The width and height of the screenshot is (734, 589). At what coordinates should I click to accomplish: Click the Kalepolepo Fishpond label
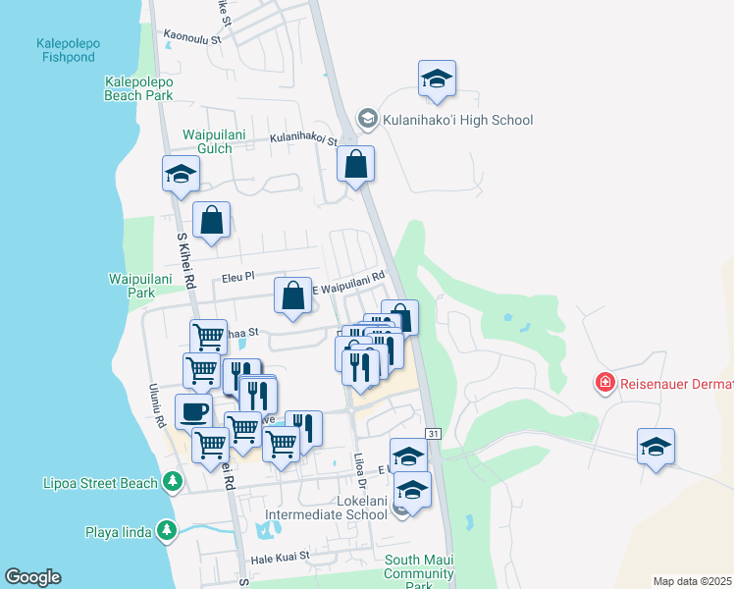click(x=67, y=50)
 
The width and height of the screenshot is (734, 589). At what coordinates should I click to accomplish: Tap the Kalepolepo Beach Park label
click(x=139, y=87)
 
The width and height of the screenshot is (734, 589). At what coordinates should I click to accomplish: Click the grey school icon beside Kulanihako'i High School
click(x=368, y=120)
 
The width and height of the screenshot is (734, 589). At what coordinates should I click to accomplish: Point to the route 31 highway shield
click(x=433, y=433)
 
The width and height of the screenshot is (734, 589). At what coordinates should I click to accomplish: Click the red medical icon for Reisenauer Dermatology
click(x=606, y=381)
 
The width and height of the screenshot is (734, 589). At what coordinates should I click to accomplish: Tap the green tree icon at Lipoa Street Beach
click(x=173, y=481)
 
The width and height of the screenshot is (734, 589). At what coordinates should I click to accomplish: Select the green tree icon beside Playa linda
click(x=167, y=531)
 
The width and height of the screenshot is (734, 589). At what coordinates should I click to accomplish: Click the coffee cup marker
click(x=193, y=411)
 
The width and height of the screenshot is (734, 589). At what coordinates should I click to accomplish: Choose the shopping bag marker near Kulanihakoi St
click(x=356, y=164)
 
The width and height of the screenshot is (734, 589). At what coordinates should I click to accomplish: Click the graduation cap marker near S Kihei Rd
click(x=181, y=175)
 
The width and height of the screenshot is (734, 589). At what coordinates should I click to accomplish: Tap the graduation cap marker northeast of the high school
click(x=437, y=80)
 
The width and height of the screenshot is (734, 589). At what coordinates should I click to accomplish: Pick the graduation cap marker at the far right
click(x=655, y=447)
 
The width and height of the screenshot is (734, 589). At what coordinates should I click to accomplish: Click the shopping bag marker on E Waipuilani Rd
click(x=292, y=295)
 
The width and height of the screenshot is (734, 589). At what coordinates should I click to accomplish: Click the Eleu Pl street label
click(x=238, y=278)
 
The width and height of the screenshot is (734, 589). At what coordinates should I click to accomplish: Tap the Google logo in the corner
click(x=32, y=577)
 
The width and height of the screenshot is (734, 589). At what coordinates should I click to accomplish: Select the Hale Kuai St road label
click(x=280, y=556)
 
